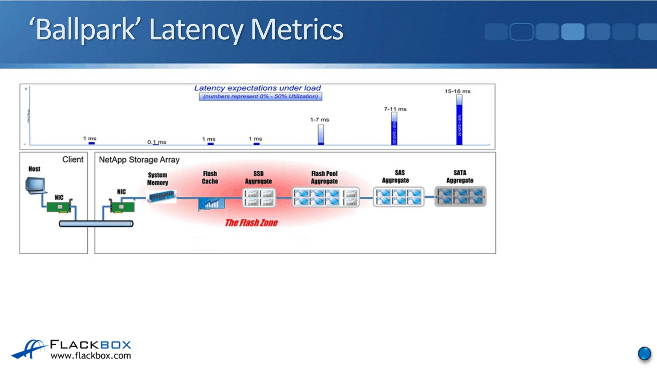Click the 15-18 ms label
pyautogui.click(x=457, y=91)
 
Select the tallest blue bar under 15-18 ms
pyautogui.click(x=459, y=122)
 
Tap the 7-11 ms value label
pyautogui.click(x=395, y=109)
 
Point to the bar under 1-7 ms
pyautogui.click(x=321, y=135)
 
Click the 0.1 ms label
pyautogui.click(x=157, y=142)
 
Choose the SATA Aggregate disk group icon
pyautogui.click(x=460, y=196)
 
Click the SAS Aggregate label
pyautogui.click(x=396, y=176)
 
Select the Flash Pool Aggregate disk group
pyautogui.click(x=325, y=197)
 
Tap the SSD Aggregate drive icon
pyautogui.click(x=259, y=198)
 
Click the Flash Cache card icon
pyautogui.click(x=211, y=203)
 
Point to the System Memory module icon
pyautogui.click(x=161, y=196)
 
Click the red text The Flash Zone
pyautogui.click(x=251, y=223)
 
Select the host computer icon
pyautogui.click(x=35, y=185)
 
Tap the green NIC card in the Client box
pyautogui.click(x=59, y=207)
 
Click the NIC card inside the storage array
pyautogui.click(x=122, y=207)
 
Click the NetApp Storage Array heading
pyautogui.click(x=139, y=160)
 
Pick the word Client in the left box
pyautogui.click(x=73, y=160)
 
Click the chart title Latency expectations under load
pyautogui.click(x=257, y=88)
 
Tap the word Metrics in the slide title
pyautogui.click(x=296, y=29)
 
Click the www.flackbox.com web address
pyautogui.click(x=91, y=356)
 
